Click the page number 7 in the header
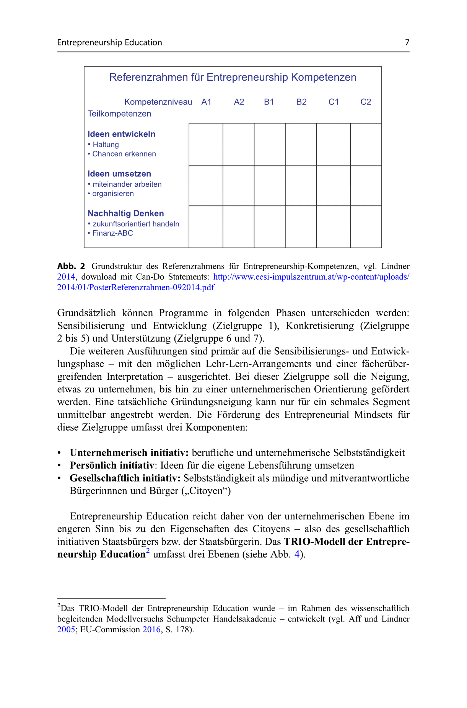pos(407,42)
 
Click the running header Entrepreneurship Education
pos(109,42)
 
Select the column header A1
pos(206,102)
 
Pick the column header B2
pos(301,102)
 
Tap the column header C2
pos(366,102)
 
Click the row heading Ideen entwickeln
pos(121,134)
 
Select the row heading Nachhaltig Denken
pos(125,213)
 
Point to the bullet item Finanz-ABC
pos(112,233)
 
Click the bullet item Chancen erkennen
pos(124,154)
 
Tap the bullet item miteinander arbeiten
pos(127,184)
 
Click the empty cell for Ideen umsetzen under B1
pos(270,186)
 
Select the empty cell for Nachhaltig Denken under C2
pos(366,226)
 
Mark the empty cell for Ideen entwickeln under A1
pos(206,145)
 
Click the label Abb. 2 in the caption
pos(71,266)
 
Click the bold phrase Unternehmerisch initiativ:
pos(129,453)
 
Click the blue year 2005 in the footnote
pos(66,629)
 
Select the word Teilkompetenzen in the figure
pos(119,114)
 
